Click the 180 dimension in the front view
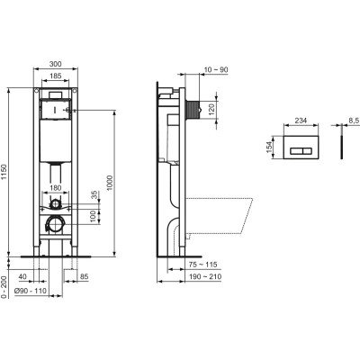tap(56, 187)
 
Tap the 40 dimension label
tap(23, 277)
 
